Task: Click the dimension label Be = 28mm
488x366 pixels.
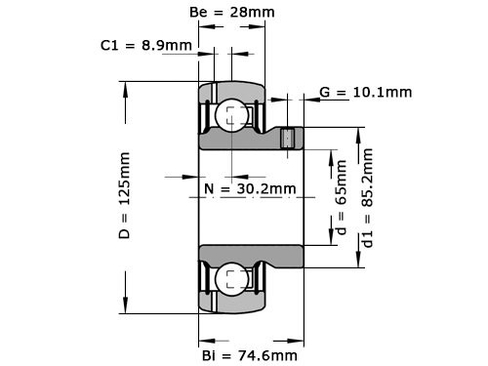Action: pos(231,13)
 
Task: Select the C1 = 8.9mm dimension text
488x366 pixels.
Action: pos(145,45)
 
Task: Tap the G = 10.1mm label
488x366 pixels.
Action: pos(365,93)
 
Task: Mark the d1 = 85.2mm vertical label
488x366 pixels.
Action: pos(367,210)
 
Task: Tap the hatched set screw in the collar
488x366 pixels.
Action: pos(287,139)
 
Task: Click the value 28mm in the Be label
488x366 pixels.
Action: pos(253,13)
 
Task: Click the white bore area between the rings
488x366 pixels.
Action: pos(244,215)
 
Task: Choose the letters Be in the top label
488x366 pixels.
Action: pos(196,13)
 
